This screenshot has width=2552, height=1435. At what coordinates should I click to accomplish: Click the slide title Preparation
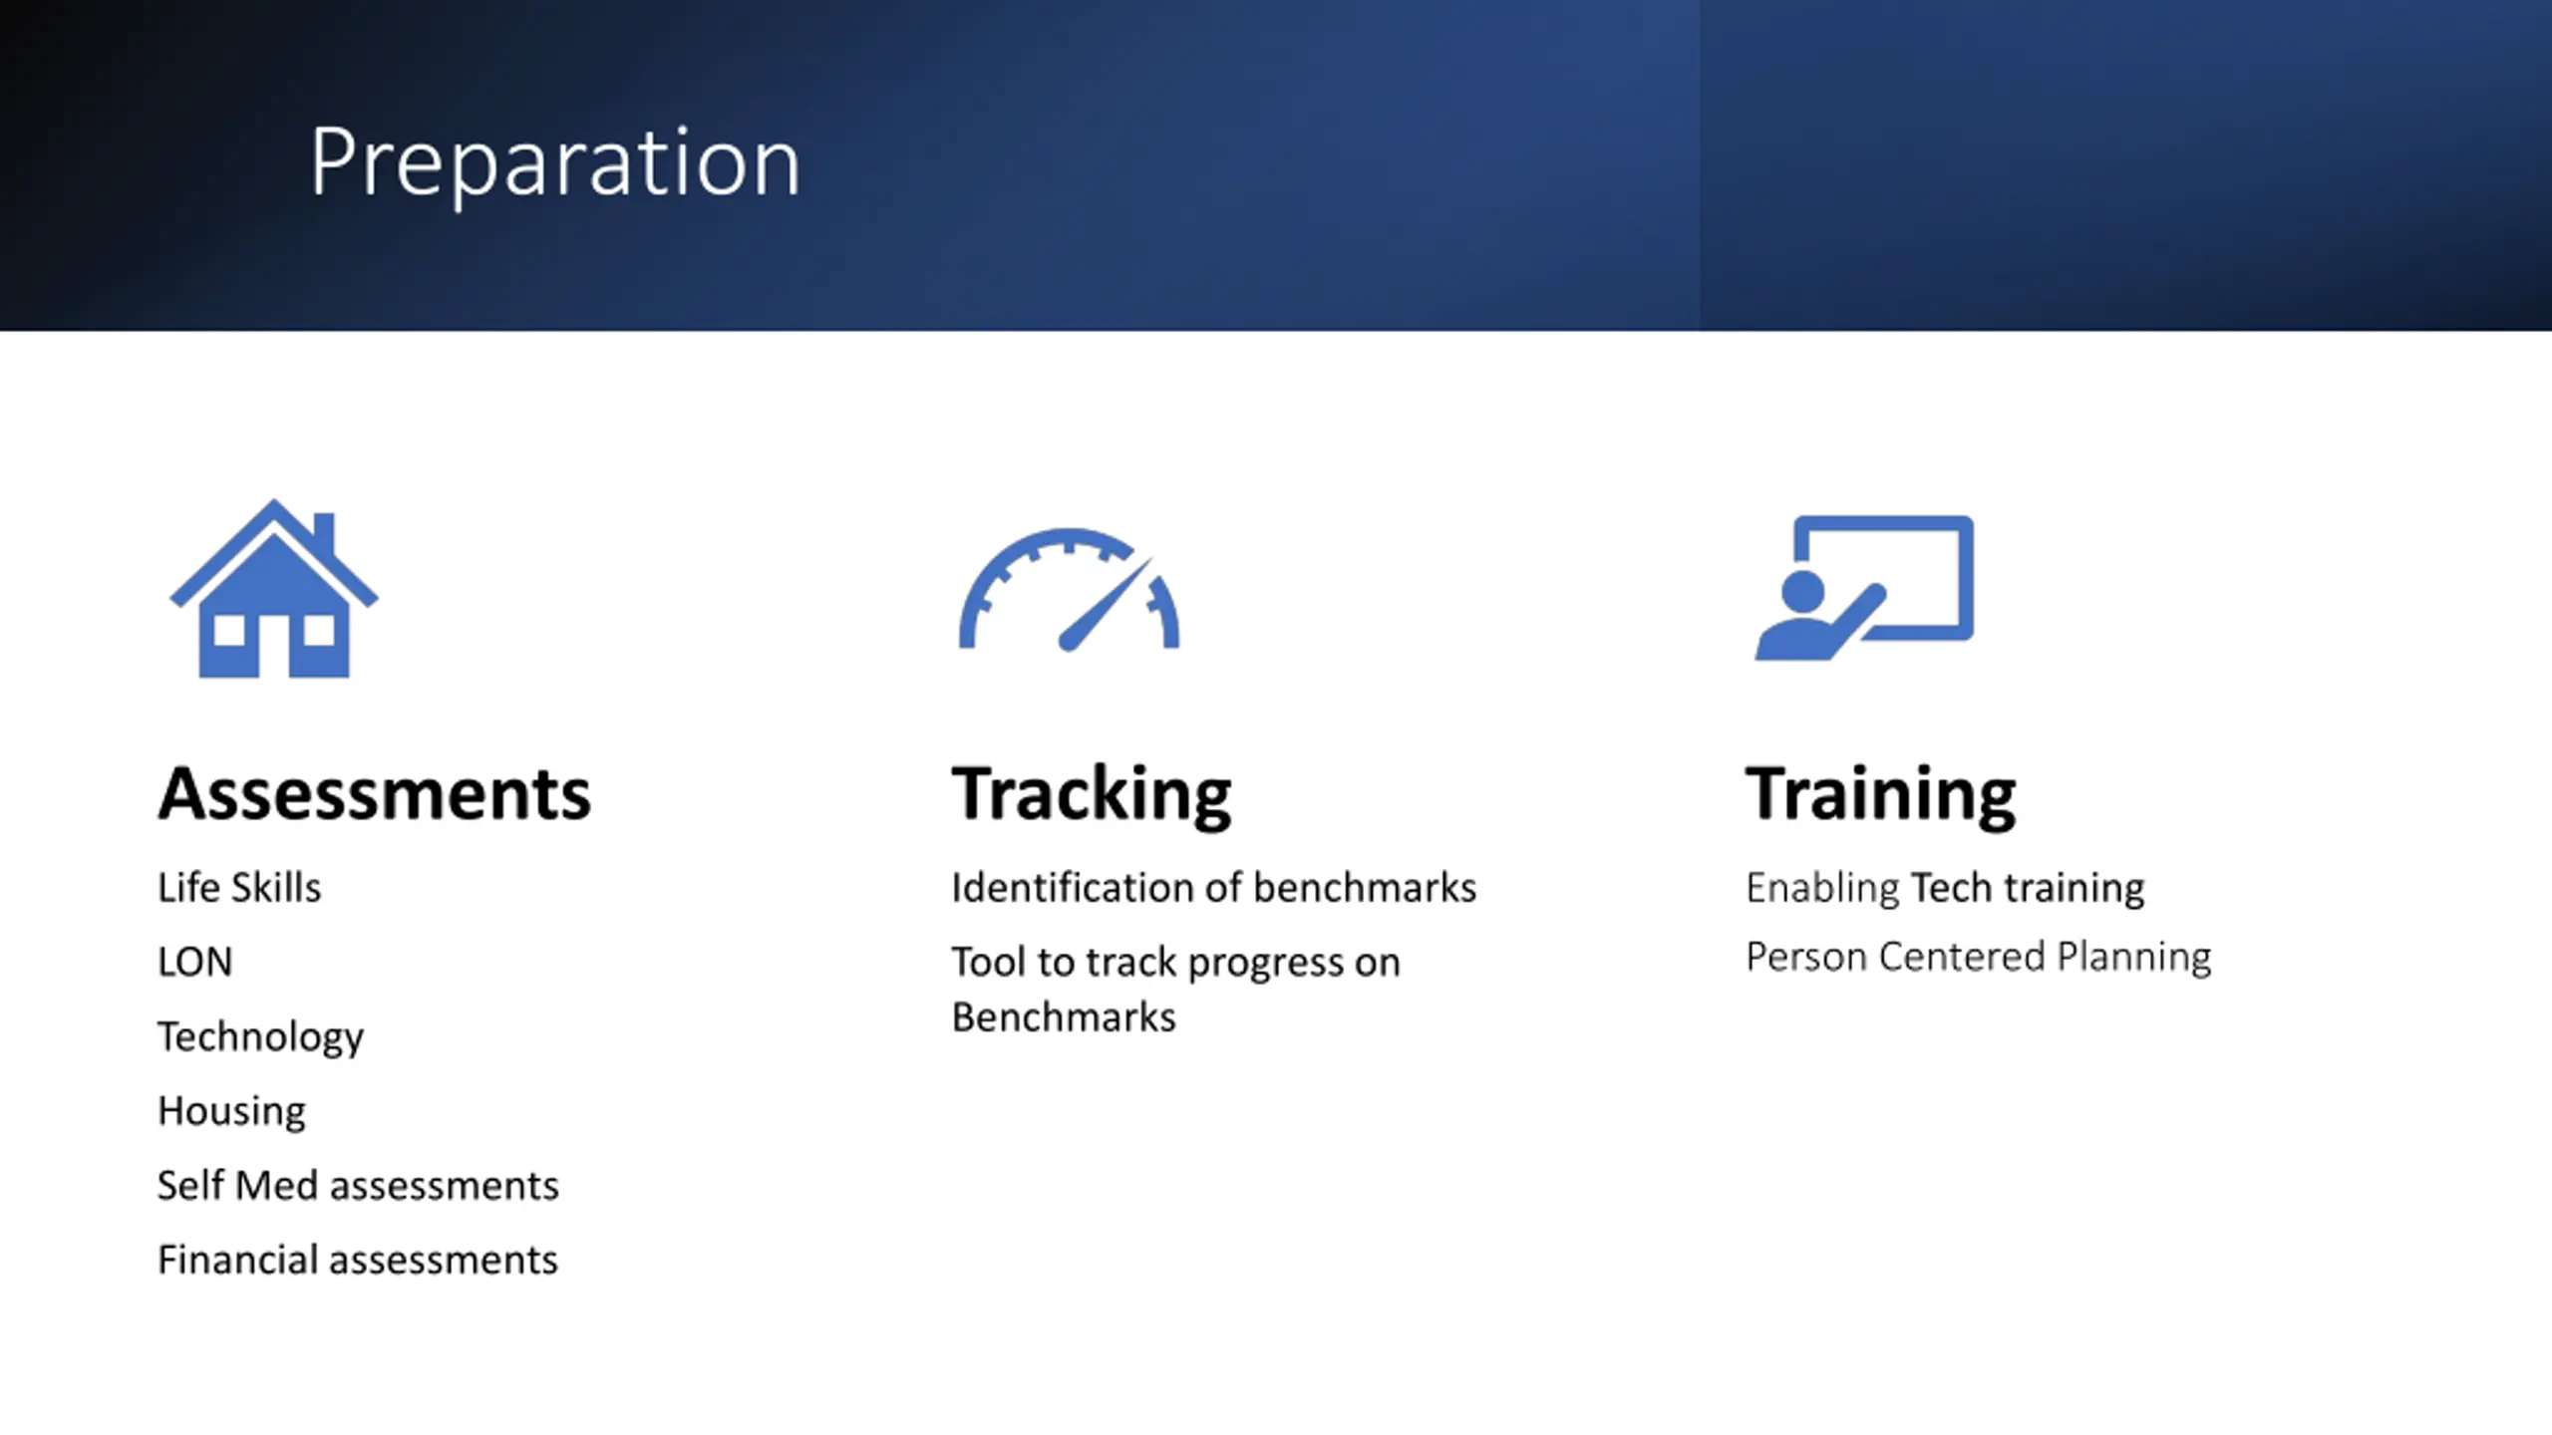[554, 163]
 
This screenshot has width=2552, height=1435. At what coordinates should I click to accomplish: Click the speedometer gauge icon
[1069, 590]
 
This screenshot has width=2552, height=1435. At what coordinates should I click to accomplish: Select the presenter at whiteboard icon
[1864, 587]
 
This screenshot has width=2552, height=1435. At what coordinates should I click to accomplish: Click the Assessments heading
[375, 794]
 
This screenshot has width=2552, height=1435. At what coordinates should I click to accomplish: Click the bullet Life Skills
[239, 887]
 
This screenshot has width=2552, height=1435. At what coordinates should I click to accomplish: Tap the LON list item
[195, 962]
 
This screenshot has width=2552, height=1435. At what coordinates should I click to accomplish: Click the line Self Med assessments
[359, 1185]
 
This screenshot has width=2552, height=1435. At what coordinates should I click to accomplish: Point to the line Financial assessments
[358, 1260]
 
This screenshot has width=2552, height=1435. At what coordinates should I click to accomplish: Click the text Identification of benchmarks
[1214, 887]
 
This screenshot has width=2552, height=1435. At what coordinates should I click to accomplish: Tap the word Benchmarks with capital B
[1064, 1017]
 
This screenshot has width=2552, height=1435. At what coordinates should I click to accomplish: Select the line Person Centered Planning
[1979, 957]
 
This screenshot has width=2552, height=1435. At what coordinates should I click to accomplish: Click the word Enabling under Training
[1823, 888]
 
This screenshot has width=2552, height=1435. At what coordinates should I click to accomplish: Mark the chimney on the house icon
[324, 535]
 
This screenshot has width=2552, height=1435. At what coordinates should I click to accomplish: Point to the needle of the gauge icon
[1105, 604]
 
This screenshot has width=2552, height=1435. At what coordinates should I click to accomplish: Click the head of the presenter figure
[1802, 591]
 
